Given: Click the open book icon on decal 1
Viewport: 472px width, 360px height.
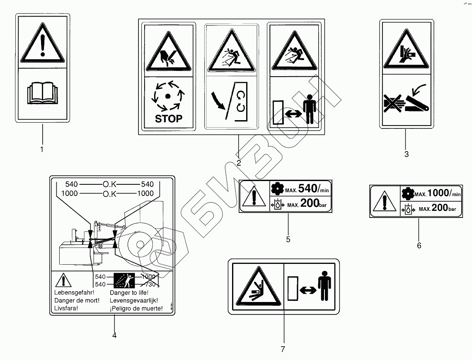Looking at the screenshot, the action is click(x=42, y=94).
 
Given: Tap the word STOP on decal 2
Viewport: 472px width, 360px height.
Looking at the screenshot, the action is click(x=168, y=118).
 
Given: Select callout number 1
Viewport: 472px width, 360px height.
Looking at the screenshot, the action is click(x=41, y=149).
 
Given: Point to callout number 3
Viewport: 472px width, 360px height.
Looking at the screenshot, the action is click(x=406, y=154).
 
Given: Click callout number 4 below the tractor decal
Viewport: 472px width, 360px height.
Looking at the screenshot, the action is click(x=114, y=335).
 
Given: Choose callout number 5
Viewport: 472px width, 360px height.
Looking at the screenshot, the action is click(x=288, y=239).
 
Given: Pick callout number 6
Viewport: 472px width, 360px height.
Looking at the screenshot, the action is click(x=419, y=245).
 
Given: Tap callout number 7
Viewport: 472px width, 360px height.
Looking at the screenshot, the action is click(x=283, y=349).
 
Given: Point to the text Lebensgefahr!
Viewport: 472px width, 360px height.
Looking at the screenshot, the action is click(x=71, y=292).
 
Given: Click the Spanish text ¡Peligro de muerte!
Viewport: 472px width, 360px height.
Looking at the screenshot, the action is click(x=136, y=309).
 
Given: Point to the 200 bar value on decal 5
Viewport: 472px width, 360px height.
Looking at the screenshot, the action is click(x=310, y=203).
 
